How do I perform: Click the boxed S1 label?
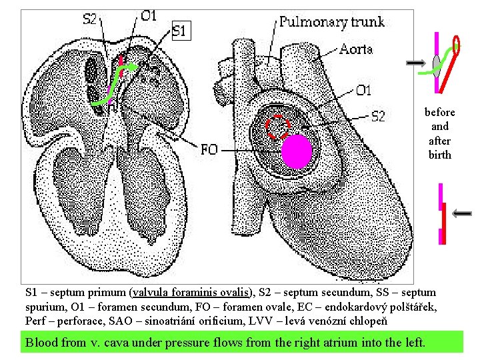click(181, 30)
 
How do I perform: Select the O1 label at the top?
click(149, 15)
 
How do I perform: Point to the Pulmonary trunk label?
click(331, 21)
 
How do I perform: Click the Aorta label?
click(355, 49)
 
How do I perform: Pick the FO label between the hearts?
click(209, 150)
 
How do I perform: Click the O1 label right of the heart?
click(363, 90)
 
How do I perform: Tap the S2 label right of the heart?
click(377, 117)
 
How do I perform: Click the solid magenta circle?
click(296, 152)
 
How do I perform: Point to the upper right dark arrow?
click(418, 63)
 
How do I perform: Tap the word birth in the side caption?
click(440, 155)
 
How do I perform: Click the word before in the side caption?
click(440, 112)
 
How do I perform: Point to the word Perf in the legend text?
click(35, 321)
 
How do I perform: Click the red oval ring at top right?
click(457, 45)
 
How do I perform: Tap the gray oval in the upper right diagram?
click(437, 63)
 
